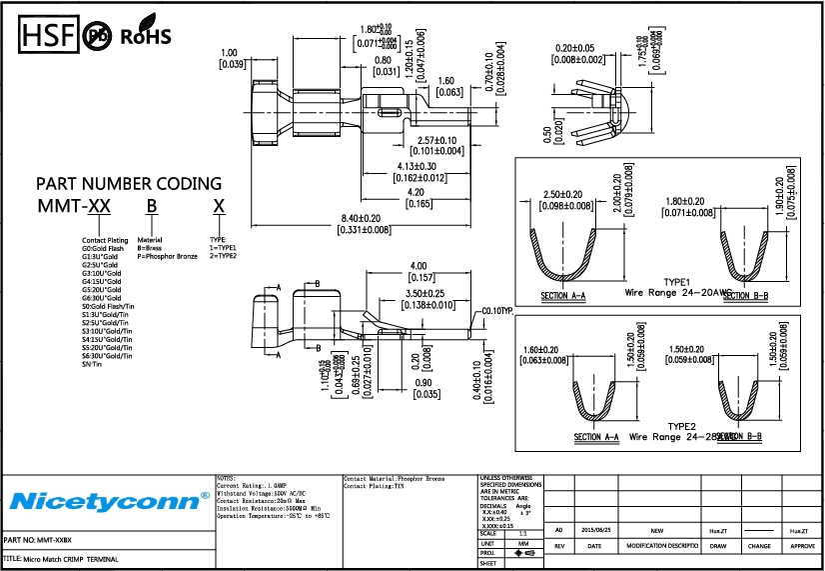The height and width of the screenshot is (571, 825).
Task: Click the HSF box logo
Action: point(46,36)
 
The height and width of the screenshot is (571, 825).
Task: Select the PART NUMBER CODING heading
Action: point(129,184)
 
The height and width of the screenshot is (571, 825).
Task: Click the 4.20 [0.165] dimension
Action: point(417,198)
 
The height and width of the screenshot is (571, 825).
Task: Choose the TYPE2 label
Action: point(680,425)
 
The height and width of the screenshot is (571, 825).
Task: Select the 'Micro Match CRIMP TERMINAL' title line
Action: point(60,559)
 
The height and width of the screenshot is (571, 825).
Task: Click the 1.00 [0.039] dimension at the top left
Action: point(232,58)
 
